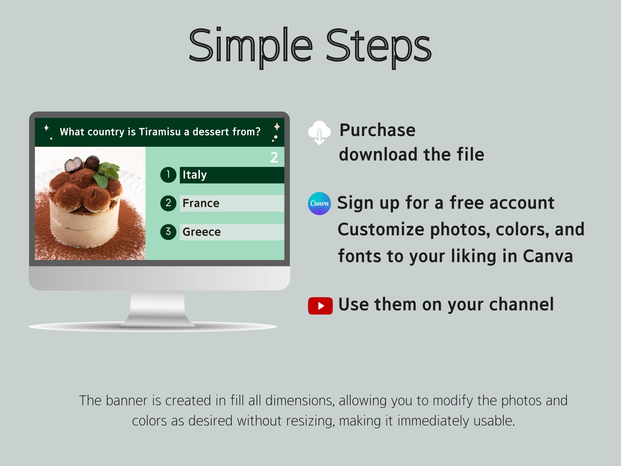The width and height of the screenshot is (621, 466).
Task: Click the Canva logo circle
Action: [x=319, y=203]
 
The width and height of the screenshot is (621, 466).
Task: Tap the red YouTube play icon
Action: [x=320, y=306]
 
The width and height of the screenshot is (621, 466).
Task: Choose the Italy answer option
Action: [x=232, y=175]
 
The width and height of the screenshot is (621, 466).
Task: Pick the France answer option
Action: [x=232, y=203]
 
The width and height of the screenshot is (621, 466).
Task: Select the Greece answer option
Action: [x=232, y=232]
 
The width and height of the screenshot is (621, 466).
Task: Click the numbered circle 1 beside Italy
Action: [x=168, y=175]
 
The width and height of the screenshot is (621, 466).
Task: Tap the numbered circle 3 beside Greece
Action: [x=168, y=232]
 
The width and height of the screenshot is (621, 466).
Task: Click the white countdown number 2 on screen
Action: [x=274, y=158]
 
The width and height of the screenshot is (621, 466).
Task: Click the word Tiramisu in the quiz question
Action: [x=160, y=132]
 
